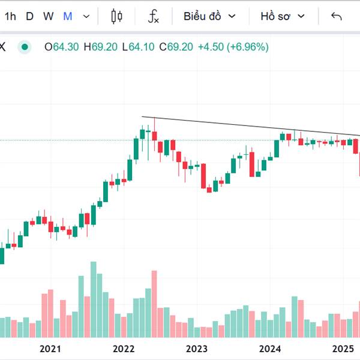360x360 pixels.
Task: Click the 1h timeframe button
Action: [x=10, y=17]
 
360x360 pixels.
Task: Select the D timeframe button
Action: [x=29, y=17]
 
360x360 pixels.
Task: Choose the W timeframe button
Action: [x=49, y=17]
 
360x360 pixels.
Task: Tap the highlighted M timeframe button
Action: [x=68, y=17]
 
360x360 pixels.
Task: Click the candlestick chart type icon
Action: [x=117, y=17]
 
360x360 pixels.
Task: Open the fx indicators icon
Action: [x=154, y=17]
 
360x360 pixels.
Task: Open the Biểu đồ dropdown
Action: [x=209, y=17]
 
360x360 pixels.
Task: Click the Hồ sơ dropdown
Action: [x=283, y=17]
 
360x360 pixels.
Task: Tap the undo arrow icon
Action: [x=336, y=17]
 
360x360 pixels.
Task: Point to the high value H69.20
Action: [x=101, y=47]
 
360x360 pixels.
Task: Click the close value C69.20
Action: [x=176, y=47]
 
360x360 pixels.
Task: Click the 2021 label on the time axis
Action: [x=50, y=349]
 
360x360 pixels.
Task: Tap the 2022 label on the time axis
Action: [x=124, y=349]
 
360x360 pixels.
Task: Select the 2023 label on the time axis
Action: [x=197, y=349]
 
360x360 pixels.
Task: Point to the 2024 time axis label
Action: [x=271, y=349]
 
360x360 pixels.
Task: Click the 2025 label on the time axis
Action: [x=344, y=349]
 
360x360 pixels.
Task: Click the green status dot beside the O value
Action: [x=25, y=47]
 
